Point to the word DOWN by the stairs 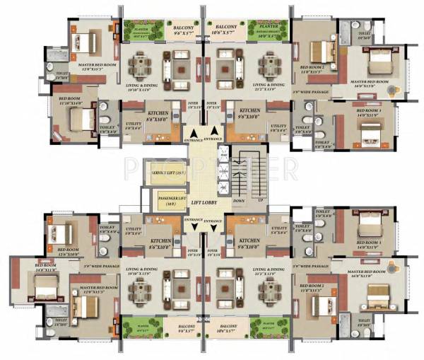point(240,200)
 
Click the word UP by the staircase point(260,200)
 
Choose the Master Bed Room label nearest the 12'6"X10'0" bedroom point(98,289)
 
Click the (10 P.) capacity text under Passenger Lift point(170,204)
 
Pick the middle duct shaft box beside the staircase point(223,170)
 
